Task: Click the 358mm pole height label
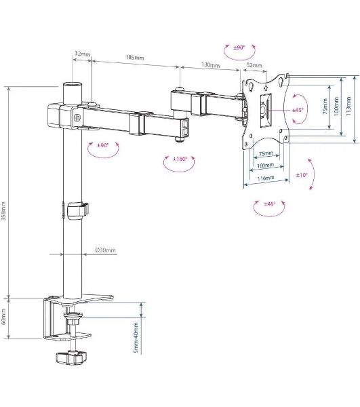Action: [x=3, y=211]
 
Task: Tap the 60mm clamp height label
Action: [x=3, y=315]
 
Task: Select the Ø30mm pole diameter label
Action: [x=105, y=250]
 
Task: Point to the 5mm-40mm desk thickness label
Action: [x=136, y=338]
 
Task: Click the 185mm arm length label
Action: [x=135, y=57]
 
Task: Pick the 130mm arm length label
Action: [x=210, y=64]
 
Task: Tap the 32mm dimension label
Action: [x=83, y=54]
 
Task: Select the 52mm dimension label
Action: [x=254, y=65]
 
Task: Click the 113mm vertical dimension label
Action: [x=348, y=106]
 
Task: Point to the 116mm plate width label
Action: [x=266, y=178]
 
